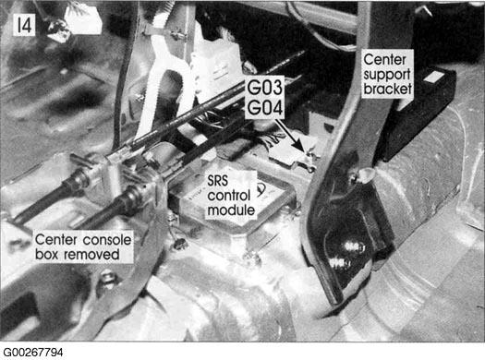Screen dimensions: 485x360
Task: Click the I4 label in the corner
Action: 24,25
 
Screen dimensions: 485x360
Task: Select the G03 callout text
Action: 265,87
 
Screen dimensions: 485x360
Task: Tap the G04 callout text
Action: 265,108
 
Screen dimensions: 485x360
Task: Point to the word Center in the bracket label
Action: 385,60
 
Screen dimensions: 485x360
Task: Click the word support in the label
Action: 387,75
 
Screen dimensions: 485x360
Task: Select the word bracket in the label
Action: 388,89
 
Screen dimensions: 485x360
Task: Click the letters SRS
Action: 218,181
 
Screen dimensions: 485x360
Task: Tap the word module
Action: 231,210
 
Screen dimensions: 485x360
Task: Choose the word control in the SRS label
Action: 229,196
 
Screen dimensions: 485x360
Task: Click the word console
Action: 107,240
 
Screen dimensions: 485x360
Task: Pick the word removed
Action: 91,255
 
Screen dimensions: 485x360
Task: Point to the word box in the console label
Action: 48,255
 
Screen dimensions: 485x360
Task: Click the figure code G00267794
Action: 32,353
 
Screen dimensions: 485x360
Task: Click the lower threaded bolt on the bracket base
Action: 338,263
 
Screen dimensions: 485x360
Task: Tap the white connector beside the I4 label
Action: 83,20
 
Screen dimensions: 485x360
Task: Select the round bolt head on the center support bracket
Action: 367,175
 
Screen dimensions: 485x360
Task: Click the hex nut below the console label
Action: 107,277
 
